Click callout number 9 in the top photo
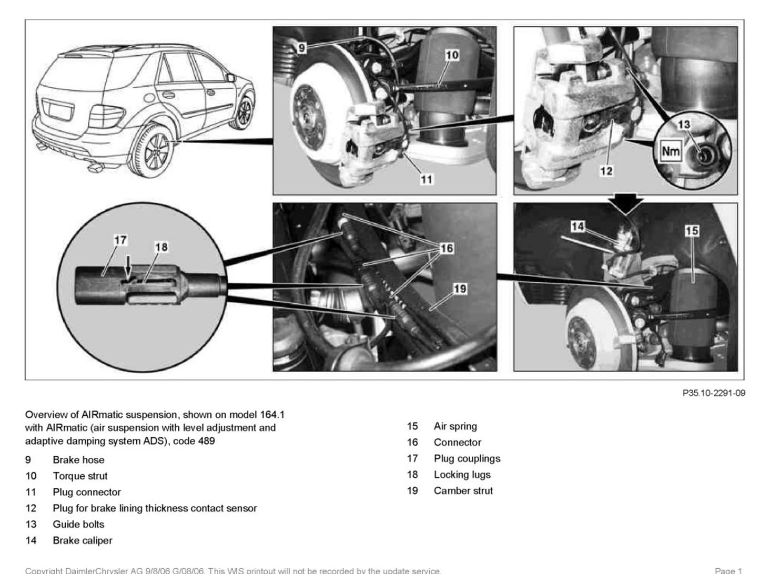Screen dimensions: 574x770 point(301,48)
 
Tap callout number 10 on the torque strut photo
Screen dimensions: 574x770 point(452,54)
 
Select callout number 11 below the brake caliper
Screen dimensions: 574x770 point(426,179)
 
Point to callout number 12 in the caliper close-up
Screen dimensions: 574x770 point(606,171)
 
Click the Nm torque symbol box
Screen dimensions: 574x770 point(671,152)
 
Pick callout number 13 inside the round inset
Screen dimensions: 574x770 point(683,125)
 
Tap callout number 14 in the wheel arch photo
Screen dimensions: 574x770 point(577,226)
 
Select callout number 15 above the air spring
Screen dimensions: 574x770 point(692,230)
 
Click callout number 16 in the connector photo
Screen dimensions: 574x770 point(447,248)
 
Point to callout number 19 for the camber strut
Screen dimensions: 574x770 point(460,289)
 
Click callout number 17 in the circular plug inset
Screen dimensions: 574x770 point(120,240)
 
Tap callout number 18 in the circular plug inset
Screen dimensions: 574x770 point(161,247)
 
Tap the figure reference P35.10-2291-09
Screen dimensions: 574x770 point(713,393)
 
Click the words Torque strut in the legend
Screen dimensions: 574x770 point(80,476)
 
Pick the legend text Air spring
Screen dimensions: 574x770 point(455,426)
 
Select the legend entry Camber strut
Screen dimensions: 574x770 point(463,491)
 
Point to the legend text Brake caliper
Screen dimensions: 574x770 point(83,540)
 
